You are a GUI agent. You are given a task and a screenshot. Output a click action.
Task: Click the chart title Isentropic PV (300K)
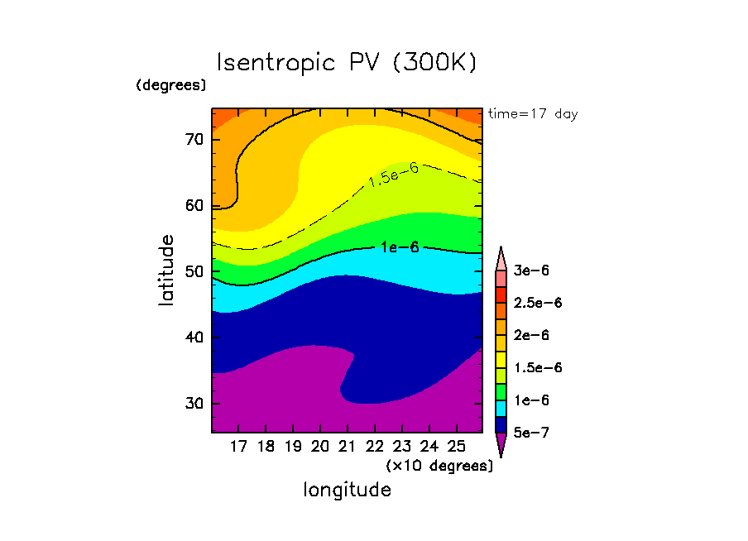pos(347,63)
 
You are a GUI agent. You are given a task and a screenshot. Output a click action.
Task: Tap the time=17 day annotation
pos(533,114)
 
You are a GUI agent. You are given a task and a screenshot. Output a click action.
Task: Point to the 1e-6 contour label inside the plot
pos(400,247)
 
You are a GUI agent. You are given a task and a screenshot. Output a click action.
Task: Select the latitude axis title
pos(166,270)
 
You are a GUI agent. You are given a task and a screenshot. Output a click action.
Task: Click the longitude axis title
pos(348,490)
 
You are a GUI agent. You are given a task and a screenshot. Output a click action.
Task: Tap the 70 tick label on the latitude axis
pos(194,140)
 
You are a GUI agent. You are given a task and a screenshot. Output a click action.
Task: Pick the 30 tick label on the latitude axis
pos(194,404)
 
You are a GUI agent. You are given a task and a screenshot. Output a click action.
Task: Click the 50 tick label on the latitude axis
pos(194,272)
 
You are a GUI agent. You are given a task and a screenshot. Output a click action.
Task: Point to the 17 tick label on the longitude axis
pos(238,447)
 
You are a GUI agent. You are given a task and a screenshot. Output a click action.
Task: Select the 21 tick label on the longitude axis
pos(348,447)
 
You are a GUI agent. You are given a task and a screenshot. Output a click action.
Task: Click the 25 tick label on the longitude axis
pos(456,447)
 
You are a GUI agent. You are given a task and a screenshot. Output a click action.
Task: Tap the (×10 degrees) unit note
pos(439,466)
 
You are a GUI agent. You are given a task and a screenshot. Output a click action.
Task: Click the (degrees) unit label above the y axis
pos(171,85)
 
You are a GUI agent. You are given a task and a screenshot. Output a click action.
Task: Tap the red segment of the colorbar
pos(501,294)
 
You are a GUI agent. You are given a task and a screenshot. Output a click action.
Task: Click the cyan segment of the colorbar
pos(501,408)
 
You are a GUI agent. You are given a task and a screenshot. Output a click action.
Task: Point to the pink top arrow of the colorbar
pos(501,258)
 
